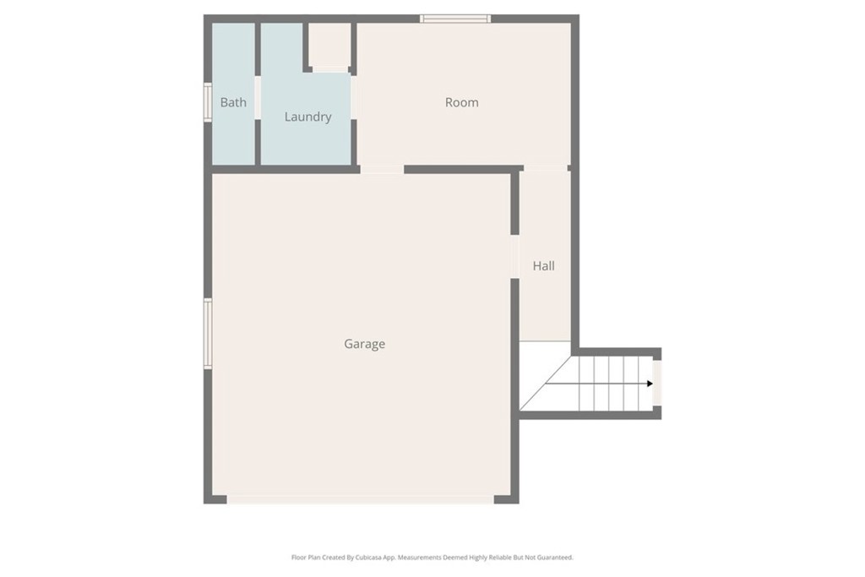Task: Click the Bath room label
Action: pos(233,102)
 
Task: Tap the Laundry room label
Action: pos(307,117)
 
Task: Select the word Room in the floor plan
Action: pos(461,102)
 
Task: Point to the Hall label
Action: pos(543,265)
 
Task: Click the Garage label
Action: pos(364,344)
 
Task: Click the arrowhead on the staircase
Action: pos(650,384)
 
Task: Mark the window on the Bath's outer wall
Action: pos(207,102)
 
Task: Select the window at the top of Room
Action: pos(455,19)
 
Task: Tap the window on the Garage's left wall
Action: pos(207,334)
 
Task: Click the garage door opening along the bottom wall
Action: pos(360,499)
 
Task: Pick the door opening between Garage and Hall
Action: pos(514,256)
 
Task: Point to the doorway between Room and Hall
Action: pos(545,169)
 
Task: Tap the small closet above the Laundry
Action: pos(329,46)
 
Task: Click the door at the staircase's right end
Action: pos(657,384)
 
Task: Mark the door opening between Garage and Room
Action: pos(382,170)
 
